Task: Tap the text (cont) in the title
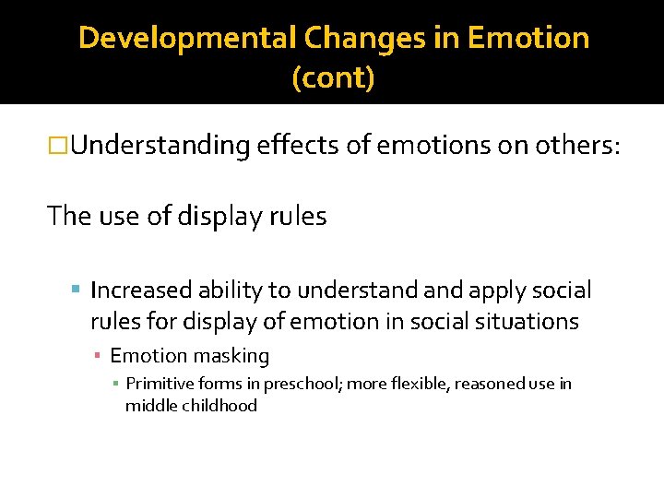point(333,78)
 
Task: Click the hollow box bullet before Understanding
point(59,146)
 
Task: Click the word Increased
point(139,290)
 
